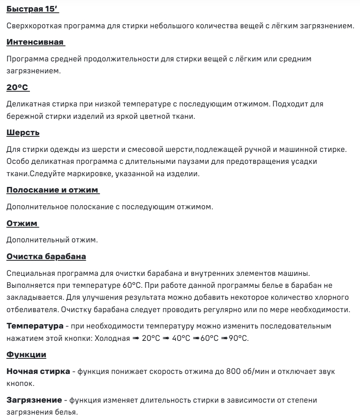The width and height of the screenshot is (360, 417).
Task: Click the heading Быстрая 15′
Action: tap(32, 9)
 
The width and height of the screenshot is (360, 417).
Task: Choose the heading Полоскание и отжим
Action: tap(53, 190)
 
